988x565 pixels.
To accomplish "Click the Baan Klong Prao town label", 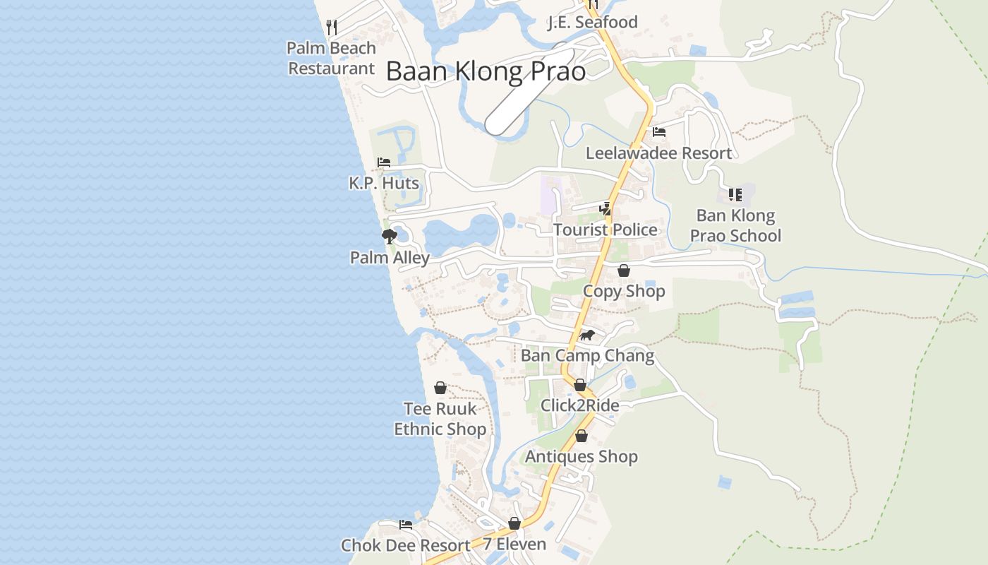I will [486, 71].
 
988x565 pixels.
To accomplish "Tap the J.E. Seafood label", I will [592, 23].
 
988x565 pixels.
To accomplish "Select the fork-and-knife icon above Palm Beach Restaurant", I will [332, 28].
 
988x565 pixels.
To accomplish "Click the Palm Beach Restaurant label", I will [331, 59].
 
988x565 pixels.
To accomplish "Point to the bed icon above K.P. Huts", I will [384, 162].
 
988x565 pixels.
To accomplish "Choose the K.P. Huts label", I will [384, 184].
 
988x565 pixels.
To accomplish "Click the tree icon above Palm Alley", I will [389, 236].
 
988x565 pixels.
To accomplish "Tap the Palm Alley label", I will [390, 258].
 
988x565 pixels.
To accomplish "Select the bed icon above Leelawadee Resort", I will [659, 131].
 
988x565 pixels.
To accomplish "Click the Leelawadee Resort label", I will [658, 153].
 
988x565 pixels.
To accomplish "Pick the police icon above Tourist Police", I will [605, 208].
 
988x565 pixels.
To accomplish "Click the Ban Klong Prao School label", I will [735, 225].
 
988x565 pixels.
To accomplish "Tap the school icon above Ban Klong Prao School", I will [735, 194].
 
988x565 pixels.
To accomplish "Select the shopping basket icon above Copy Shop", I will [624, 270].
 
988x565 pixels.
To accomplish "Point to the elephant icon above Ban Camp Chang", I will [587, 335].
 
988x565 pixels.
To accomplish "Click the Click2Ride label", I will [579, 405].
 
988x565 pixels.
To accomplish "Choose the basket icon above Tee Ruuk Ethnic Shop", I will [440, 388].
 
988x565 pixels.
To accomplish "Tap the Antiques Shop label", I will [581, 457].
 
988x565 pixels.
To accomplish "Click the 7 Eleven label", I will [514, 545].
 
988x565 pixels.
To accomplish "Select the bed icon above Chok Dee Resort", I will [406, 525].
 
